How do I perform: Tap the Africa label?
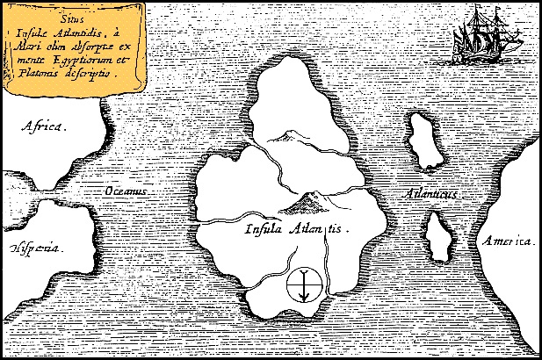(x=43, y=127)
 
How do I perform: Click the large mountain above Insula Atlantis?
(x=305, y=203)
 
